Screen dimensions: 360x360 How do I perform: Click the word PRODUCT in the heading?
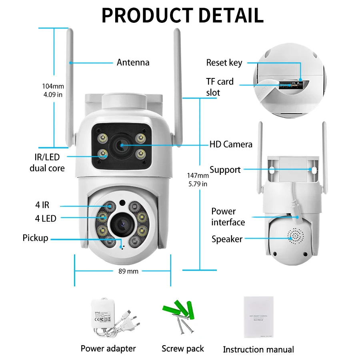coord(147,15)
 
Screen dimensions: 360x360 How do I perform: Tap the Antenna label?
coord(133,62)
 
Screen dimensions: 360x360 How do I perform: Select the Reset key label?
coord(224,63)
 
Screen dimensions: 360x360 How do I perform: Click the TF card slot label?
coord(220,87)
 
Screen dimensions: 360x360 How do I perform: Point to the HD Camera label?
coord(231,144)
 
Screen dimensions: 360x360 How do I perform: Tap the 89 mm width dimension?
coord(128,271)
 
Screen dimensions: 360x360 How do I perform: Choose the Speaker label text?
coord(227,239)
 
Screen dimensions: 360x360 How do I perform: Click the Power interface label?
coord(228,217)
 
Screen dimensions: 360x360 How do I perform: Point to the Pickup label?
coord(35,238)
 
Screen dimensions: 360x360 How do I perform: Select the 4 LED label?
coord(46,218)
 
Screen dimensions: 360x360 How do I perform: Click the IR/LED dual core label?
coord(47,163)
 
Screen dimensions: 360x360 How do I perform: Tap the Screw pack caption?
coord(182,349)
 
